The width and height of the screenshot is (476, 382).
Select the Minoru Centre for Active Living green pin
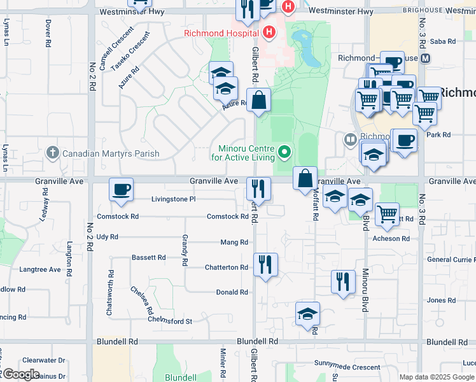click(285, 152)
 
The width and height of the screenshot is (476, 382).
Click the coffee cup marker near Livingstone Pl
click(121, 189)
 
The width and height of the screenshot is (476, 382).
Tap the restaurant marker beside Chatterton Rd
click(265, 264)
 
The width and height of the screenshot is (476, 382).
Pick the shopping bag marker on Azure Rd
click(258, 101)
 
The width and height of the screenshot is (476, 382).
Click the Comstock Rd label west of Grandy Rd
click(118, 216)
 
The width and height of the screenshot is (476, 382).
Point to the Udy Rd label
click(107, 237)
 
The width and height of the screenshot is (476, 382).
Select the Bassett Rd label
click(148, 258)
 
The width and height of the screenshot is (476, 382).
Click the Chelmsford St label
click(170, 322)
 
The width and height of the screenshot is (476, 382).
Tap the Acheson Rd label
click(391, 239)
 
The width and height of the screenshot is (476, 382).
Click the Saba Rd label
click(443, 41)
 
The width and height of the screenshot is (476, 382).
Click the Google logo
click(20, 374)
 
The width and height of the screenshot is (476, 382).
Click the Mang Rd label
click(234, 243)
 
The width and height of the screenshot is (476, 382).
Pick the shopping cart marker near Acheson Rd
click(387, 215)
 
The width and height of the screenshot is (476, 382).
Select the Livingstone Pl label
click(174, 199)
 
